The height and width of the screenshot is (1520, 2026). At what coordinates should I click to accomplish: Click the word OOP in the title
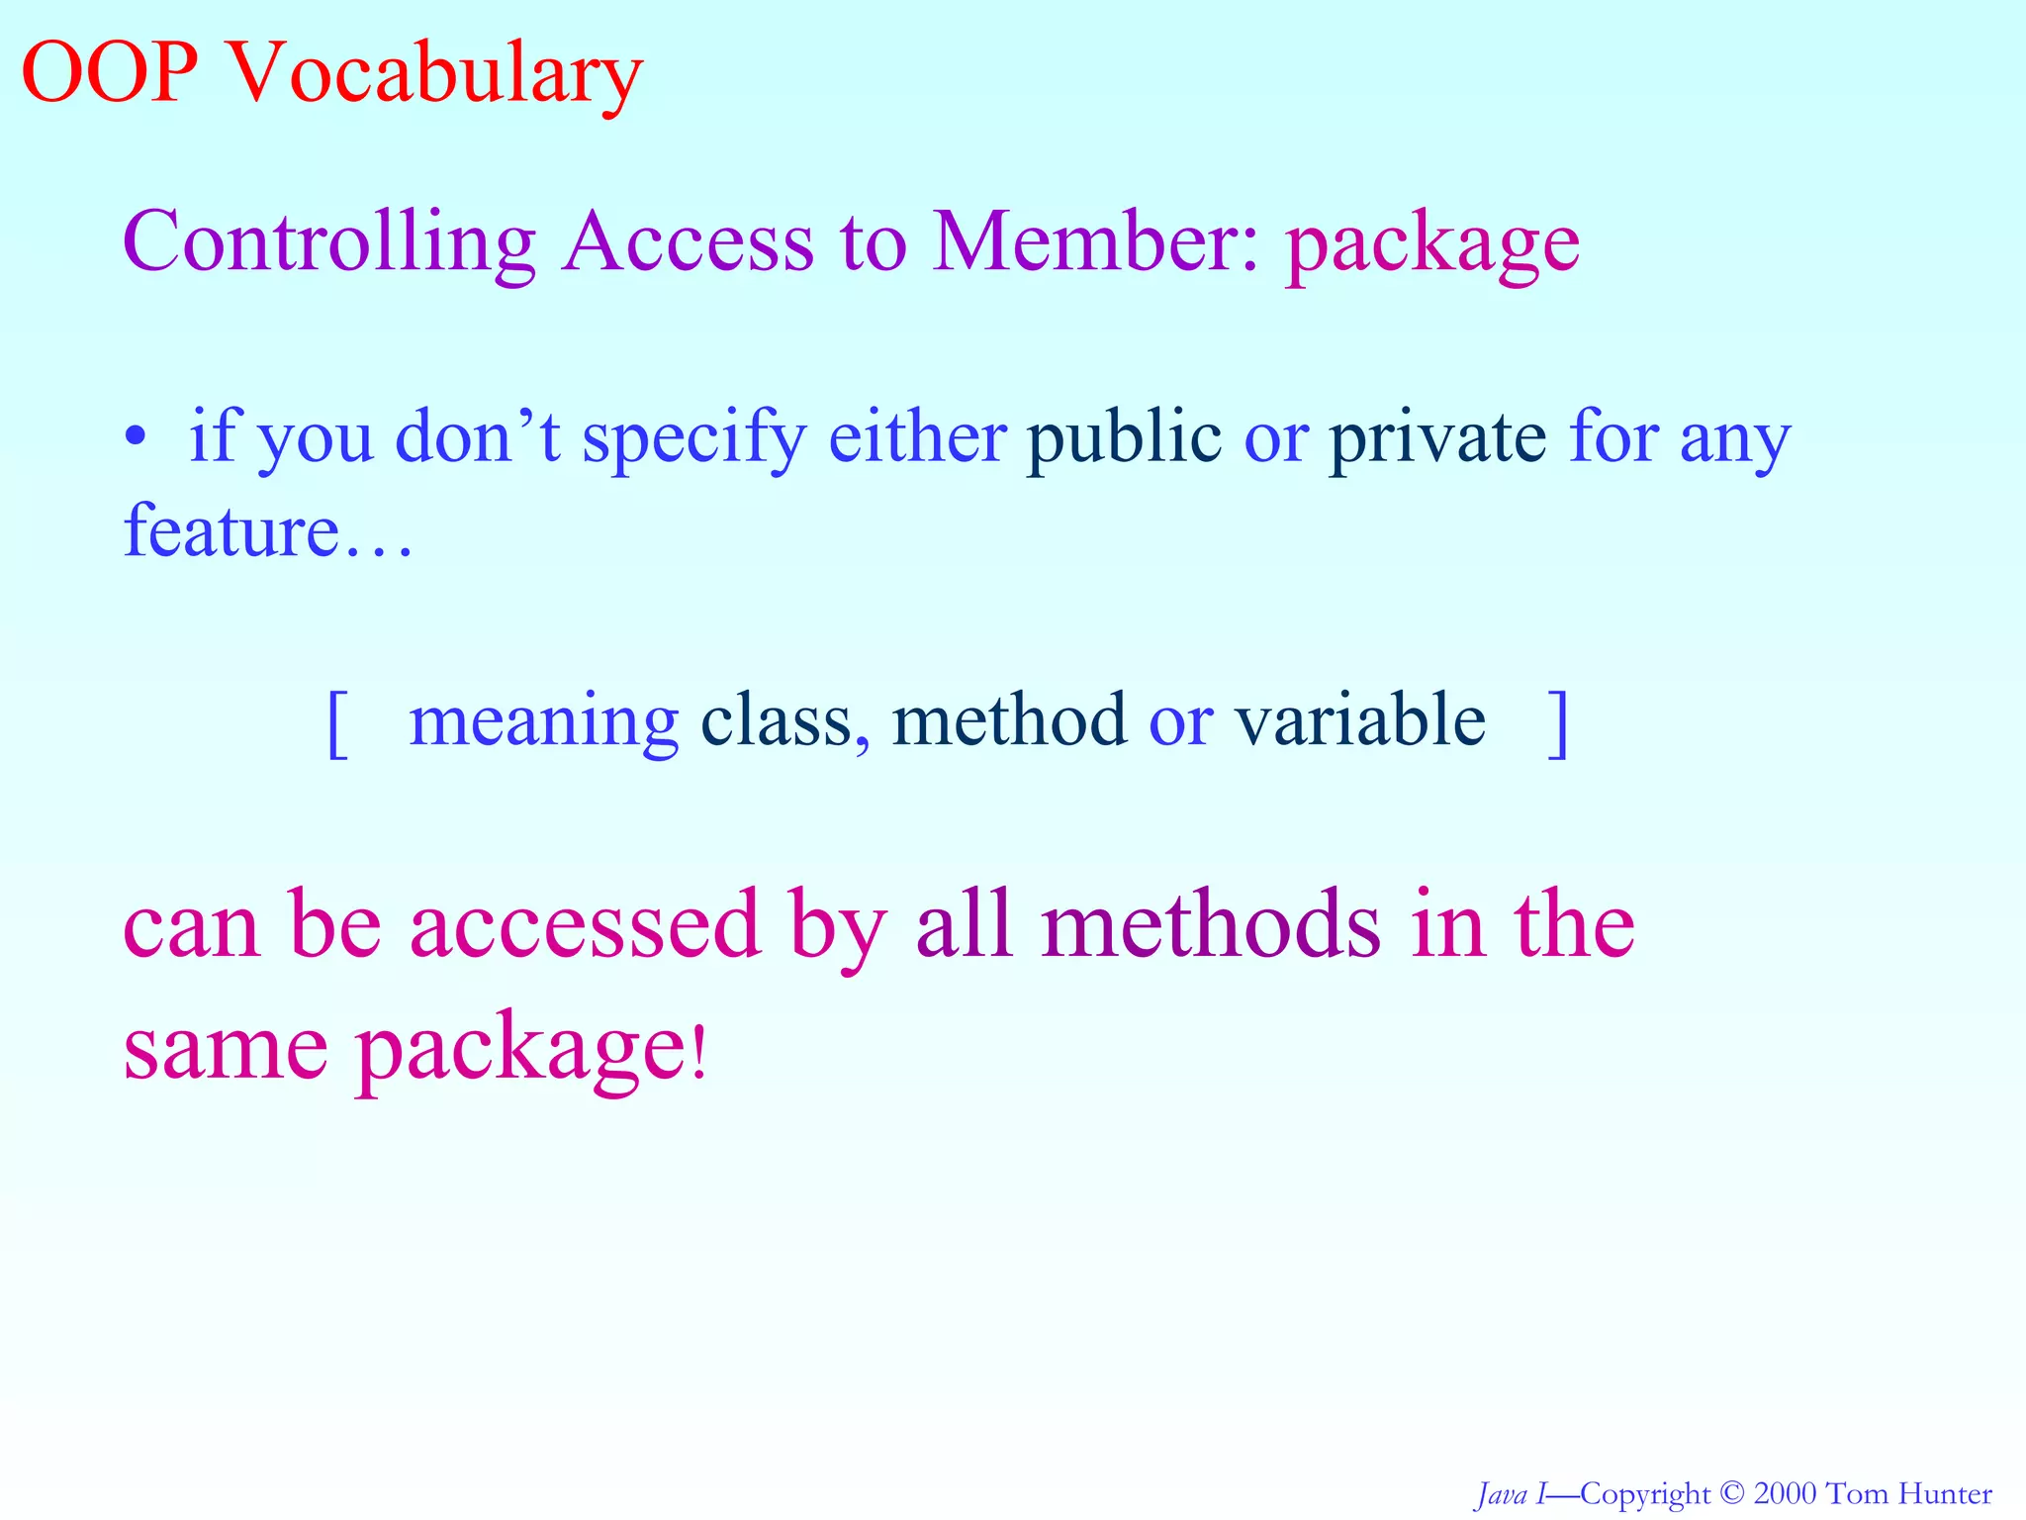[109, 73]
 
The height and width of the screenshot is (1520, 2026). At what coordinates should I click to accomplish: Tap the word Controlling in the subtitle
[328, 243]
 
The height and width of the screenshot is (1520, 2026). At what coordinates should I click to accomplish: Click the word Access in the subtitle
[688, 241]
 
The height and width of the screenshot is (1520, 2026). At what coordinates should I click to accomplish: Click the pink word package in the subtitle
[1431, 247]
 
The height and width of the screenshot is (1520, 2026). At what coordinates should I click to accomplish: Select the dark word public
[1123, 436]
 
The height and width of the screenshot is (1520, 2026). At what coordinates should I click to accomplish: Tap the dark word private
[1436, 436]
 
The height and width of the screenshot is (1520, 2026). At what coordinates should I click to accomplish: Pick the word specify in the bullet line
[693, 440]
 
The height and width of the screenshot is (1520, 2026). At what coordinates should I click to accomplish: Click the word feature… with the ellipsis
[267, 530]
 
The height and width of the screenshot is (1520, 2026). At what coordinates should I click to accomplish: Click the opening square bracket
[337, 723]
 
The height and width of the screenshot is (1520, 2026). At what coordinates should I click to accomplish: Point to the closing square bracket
[1558, 723]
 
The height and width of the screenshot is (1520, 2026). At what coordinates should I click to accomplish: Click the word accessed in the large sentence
[586, 924]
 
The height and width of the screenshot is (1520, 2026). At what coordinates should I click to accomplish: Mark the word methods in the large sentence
[1211, 924]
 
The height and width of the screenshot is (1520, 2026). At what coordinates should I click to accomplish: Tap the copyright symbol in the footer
[1732, 1493]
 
